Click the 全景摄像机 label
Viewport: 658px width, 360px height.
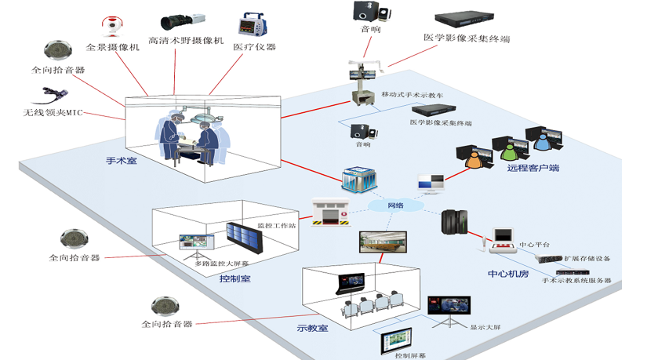coord(112,47)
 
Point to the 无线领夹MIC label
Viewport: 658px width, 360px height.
coord(53,113)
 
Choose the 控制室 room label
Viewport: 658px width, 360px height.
coord(234,279)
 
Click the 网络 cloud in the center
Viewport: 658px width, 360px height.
coord(396,205)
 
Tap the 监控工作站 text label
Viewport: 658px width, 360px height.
coord(276,227)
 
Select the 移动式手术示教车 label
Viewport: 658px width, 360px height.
coord(412,94)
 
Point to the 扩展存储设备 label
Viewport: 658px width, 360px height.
coord(587,258)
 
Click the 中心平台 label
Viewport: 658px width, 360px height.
coord(535,245)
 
